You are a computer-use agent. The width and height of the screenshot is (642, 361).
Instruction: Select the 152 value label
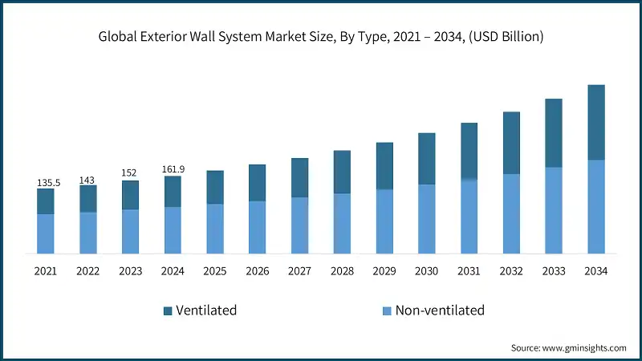130,172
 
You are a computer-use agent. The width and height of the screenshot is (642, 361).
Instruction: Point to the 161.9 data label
173,169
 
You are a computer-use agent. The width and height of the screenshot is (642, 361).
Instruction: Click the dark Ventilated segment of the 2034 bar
596,122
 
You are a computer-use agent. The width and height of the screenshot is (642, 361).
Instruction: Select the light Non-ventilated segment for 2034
596,206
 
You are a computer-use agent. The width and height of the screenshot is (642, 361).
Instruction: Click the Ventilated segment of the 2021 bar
45,201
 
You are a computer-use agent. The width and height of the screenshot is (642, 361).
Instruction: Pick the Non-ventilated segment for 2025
215,229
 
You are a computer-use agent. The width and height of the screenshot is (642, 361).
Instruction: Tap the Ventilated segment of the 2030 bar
426,159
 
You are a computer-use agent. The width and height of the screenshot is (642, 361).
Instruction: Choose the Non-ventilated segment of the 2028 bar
342,223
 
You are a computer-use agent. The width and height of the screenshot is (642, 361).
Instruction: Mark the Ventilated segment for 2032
511,143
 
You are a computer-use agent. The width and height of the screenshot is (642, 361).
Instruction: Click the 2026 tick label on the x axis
258,271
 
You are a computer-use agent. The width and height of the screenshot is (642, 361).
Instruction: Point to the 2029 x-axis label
384,271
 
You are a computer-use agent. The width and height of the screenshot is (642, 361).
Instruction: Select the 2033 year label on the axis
554,271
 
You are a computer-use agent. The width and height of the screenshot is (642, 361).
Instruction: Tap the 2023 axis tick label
130,271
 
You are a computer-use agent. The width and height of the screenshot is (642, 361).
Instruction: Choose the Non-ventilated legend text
441,310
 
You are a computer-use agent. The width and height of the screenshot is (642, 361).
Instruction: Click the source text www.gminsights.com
583,347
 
